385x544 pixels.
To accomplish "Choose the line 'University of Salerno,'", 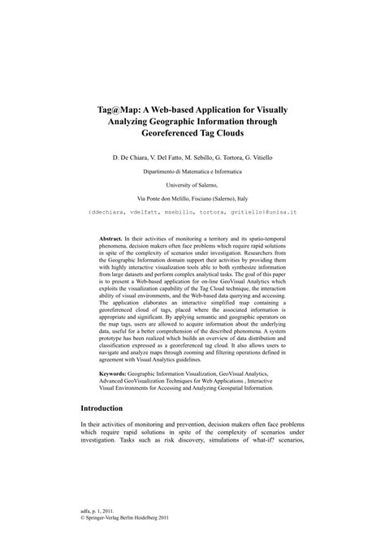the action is click(192, 186).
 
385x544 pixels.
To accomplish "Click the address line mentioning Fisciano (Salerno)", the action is click(192, 199).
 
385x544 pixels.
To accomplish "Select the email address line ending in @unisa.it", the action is click(192, 212).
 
